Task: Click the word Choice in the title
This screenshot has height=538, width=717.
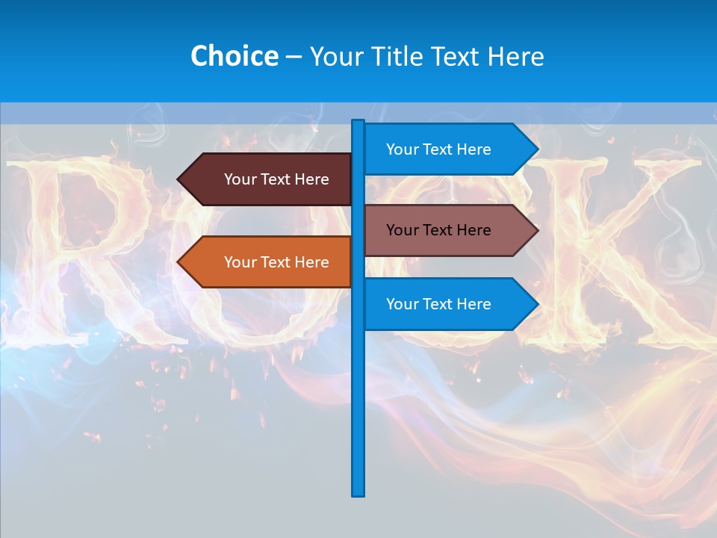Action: [234, 56]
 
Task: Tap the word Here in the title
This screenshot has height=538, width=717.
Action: [515, 56]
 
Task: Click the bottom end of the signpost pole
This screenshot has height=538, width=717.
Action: [358, 493]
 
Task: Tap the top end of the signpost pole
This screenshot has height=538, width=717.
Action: [358, 122]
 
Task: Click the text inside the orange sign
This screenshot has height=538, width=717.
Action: [276, 262]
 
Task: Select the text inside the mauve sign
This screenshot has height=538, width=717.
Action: [438, 230]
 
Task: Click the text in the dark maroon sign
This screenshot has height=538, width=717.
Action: [276, 179]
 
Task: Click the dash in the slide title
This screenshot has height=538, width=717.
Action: [294, 57]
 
